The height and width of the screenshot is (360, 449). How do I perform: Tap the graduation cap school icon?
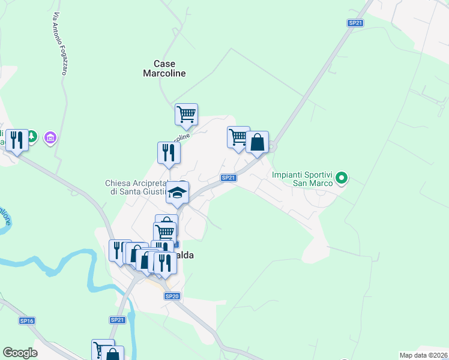(178, 193)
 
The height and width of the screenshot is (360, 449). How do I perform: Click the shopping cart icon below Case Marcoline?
(187, 113)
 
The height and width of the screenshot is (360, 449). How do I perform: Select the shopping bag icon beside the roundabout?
(257, 143)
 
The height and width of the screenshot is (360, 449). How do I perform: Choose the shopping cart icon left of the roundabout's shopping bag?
(238, 137)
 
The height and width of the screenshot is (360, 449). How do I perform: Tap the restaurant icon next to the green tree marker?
(17, 140)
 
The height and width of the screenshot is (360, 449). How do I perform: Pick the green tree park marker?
(32, 137)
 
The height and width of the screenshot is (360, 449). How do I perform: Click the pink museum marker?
(50, 139)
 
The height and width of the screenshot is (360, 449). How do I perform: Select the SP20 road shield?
(172, 296)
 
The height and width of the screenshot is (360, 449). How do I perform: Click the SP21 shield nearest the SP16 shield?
(117, 320)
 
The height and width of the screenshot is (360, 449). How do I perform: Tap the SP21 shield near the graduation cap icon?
(228, 178)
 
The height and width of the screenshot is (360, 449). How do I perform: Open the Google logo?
(20, 353)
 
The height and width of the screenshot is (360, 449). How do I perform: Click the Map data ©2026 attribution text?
(423, 355)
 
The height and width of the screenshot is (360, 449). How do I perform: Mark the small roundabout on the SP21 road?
(272, 146)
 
